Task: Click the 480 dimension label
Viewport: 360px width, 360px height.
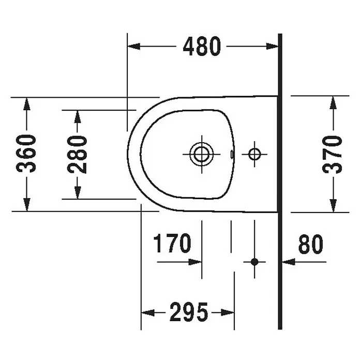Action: tap(202, 46)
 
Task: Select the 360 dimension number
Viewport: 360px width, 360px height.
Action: tap(26, 154)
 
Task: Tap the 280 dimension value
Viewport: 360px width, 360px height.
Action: tap(77, 154)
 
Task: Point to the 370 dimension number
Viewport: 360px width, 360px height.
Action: tap(332, 154)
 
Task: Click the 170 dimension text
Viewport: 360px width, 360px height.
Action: tap(172, 243)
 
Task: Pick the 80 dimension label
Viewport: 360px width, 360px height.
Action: tap(311, 244)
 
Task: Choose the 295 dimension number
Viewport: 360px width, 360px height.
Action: tap(189, 312)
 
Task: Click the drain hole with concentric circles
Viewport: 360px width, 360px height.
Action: tap(202, 154)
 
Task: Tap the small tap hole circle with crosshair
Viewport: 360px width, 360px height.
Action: tap(254, 154)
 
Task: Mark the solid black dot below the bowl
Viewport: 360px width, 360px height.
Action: tap(254, 262)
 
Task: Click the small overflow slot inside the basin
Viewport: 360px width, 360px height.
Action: tap(232, 154)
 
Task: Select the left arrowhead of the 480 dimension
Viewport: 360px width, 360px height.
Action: tap(133, 46)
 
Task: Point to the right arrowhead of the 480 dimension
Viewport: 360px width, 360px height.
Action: tap(272, 46)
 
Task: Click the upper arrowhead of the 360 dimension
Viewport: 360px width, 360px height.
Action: tap(27, 104)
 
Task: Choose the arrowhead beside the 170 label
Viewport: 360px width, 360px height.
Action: tap(195, 262)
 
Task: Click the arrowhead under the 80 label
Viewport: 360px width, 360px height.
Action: tap(289, 262)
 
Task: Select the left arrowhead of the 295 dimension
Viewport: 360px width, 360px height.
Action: tap(147, 312)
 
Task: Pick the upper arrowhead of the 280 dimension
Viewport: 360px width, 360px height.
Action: tap(78, 116)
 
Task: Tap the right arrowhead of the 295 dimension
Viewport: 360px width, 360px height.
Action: tap(228, 312)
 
